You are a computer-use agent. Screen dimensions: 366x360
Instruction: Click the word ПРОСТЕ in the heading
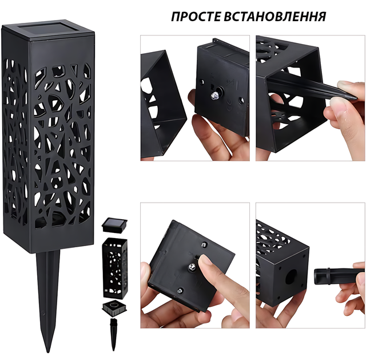(x=196, y=17)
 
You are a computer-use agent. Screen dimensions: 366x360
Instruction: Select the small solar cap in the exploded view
(x=114, y=225)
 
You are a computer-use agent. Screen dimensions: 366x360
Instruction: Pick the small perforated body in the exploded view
(x=115, y=268)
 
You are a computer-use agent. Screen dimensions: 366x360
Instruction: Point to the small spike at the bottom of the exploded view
(x=113, y=334)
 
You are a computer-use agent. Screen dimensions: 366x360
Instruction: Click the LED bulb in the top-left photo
(x=214, y=94)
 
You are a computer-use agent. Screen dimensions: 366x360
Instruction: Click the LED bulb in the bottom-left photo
(x=193, y=267)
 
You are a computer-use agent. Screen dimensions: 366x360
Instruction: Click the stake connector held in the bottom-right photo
(x=337, y=276)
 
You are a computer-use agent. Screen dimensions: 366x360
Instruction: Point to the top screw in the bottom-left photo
(x=205, y=244)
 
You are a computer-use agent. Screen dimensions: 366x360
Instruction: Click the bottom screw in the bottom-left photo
(x=180, y=291)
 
